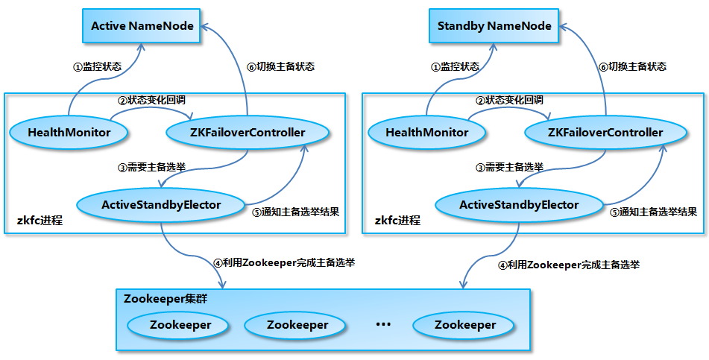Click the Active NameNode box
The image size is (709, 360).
(x=142, y=26)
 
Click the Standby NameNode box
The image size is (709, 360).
(x=494, y=26)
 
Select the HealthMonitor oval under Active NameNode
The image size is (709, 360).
(x=69, y=133)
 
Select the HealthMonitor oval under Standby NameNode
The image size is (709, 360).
(x=427, y=133)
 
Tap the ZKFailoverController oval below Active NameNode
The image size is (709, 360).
(x=247, y=133)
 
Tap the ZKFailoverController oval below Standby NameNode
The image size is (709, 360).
(x=605, y=133)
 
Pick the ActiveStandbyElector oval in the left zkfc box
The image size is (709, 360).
(x=161, y=204)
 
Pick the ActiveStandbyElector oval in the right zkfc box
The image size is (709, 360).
(x=519, y=204)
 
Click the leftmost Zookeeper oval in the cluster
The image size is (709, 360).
(x=180, y=325)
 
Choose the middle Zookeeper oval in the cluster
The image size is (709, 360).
(x=297, y=325)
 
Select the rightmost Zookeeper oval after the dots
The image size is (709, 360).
(x=465, y=325)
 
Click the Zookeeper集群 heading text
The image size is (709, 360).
(x=166, y=299)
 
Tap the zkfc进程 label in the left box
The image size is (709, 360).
(x=40, y=221)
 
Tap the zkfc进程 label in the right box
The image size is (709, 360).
(x=397, y=221)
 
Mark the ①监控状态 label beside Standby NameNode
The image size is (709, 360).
(x=455, y=66)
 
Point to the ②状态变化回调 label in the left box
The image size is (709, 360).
(x=151, y=100)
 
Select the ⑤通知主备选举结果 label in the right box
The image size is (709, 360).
(x=654, y=212)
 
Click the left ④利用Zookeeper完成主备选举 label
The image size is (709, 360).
(x=283, y=262)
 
